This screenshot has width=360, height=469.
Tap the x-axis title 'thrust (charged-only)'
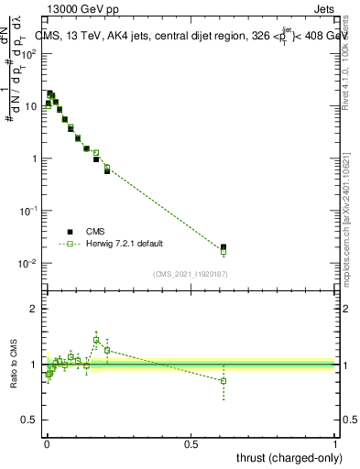[285, 457]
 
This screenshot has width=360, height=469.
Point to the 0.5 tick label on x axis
[191, 443]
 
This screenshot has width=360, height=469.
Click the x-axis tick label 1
[335, 443]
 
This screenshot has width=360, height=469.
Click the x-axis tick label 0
[47, 443]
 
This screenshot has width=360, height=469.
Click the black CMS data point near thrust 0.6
[224, 247]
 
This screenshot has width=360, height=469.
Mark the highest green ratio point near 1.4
[96, 340]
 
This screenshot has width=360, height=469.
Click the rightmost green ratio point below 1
[224, 381]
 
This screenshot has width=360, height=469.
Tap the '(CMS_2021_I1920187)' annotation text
[191, 274]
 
